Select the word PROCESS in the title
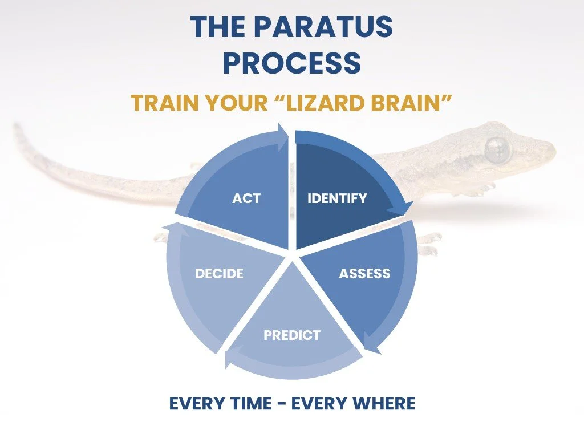pyautogui.click(x=292, y=63)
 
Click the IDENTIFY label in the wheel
pyautogui.click(x=337, y=198)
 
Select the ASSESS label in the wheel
pyautogui.click(x=364, y=274)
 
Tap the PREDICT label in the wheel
pyautogui.click(x=292, y=335)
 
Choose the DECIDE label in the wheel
pyautogui.click(x=219, y=274)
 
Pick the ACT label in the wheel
pyautogui.click(x=246, y=198)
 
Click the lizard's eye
pyautogui.click(x=497, y=149)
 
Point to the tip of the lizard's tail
pyautogui.click(x=17, y=127)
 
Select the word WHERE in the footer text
pyautogui.click(x=383, y=404)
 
